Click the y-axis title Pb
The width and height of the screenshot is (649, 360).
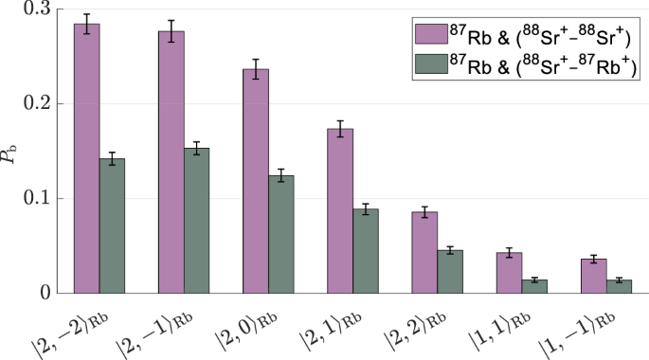coord(11,152)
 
